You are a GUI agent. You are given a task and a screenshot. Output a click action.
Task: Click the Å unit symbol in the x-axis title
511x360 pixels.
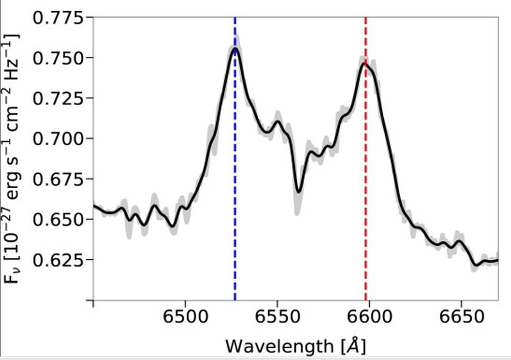coord(353,346)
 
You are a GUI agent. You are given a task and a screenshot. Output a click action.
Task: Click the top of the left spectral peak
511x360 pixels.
coord(235,49)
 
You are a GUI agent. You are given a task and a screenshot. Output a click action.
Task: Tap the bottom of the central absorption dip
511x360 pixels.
coord(299,192)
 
